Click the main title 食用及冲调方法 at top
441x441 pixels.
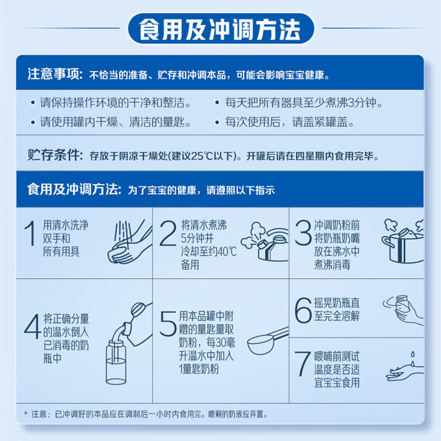coord(220,29)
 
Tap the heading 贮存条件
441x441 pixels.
coord(54,155)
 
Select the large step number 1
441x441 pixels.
coord(30,233)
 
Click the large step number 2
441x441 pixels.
coord(168,233)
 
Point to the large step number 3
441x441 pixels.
coord(303,233)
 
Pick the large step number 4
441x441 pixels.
coord(33,326)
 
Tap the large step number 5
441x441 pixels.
coord(168,324)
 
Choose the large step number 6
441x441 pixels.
coord(303,310)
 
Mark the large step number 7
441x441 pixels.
coord(302,364)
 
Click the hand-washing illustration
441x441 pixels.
coord(130,242)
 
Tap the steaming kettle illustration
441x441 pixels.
coord(265,242)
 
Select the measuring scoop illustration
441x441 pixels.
coord(268,341)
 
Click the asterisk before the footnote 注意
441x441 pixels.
coord(26,413)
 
